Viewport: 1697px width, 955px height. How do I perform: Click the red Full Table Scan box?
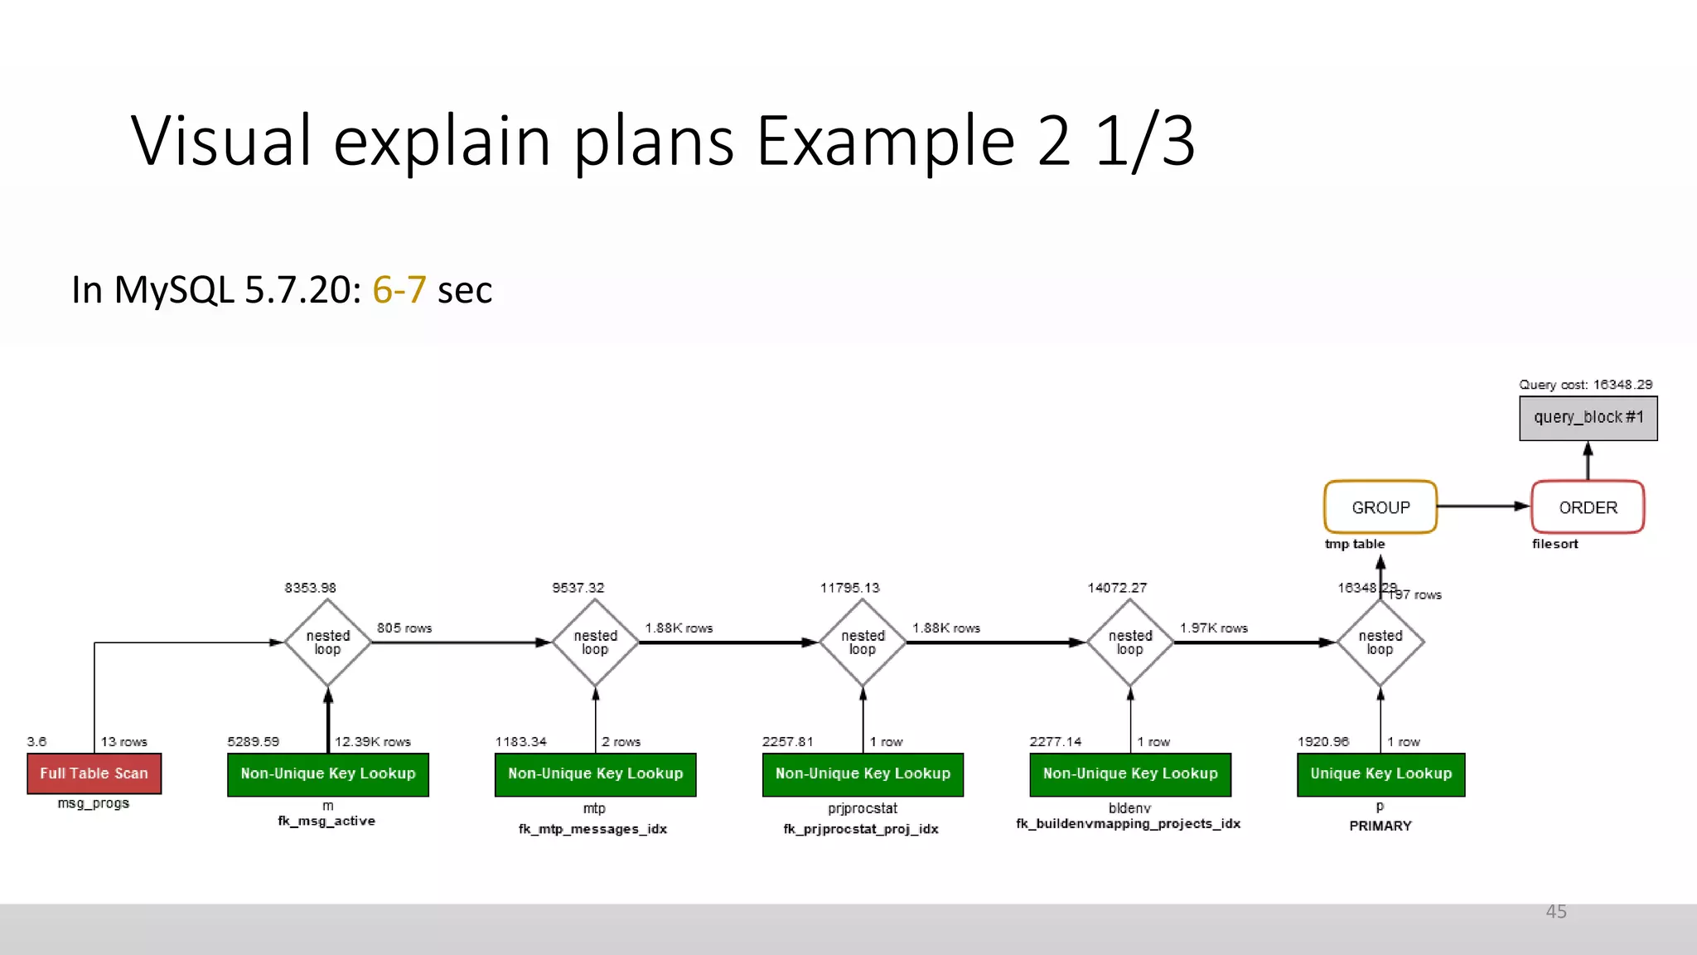point(94,773)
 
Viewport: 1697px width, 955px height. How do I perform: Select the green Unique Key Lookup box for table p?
point(1380,774)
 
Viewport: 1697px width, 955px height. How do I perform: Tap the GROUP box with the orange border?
point(1380,507)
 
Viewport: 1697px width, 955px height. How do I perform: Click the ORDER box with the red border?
point(1588,507)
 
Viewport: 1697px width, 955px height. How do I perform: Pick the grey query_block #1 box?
point(1588,418)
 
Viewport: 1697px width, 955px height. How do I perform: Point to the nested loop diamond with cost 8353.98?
point(328,642)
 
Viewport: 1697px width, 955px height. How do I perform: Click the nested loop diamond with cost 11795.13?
point(863,642)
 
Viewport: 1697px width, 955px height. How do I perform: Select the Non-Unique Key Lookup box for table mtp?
point(595,774)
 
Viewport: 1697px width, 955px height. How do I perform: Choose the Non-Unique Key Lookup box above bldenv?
point(1130,774)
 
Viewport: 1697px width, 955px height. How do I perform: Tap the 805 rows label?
point(404,628)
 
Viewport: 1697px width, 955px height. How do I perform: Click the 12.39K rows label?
point(372,742)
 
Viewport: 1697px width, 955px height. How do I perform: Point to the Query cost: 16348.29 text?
point(1585,385)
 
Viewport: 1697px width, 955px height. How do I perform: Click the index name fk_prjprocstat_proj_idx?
point(861,829)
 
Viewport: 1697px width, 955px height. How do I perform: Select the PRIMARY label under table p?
point(1380,826)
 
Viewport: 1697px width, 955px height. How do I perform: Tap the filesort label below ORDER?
point(1554,544)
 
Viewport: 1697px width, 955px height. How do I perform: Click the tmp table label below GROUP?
point(1355,544)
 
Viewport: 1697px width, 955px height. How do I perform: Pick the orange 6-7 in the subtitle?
point(399,290)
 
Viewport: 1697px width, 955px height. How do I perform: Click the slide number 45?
point(1556,912)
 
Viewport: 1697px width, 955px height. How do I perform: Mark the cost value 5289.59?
point(254,742)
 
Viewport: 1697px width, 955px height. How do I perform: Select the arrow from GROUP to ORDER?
point(1483,507)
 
